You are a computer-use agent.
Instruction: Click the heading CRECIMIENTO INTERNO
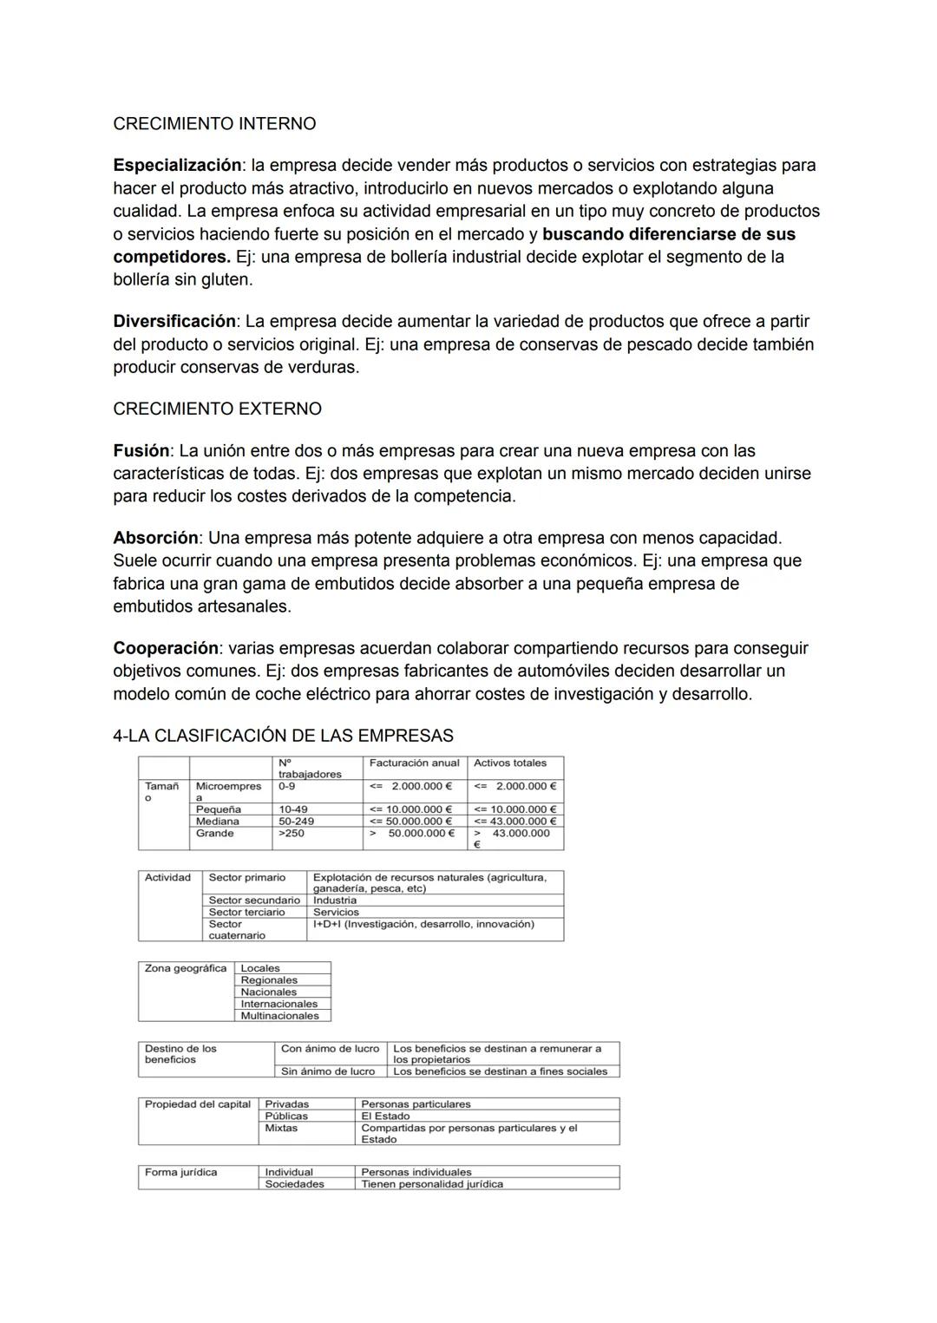pyautogui.click(x=214, y=124)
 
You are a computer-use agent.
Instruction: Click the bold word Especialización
pyautogui.click(x=177, y=165)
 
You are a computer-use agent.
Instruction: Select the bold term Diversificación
pyautogui.click(x=174, y=321)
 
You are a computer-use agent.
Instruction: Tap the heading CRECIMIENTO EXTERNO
pyautogui.click(x=217, y=409)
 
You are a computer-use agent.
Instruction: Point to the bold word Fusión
pyautogui.click(x=141, y=451)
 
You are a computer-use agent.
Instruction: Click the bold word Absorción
pyautogui.click(x=155, y=538)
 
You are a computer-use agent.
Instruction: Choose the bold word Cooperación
pyautogui.click(x=166, y=648)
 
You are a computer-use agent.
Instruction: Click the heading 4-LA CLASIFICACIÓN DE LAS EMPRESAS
pyautogui.click(x=283, y=736)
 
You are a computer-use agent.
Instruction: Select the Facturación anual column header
pyautogui.click(x=414, y=763)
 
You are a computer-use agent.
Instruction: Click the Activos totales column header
pyautogui.click(x=510, y=763)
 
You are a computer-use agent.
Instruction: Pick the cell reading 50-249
pyautogui.click(x=296, y=821)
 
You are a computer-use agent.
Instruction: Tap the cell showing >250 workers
pyautogui.click(x=291, y=833)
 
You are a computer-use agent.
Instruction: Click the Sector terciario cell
pyautogui.click(x=246, y=912)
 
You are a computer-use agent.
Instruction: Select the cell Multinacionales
pyautogui.click(x=279, y=1016)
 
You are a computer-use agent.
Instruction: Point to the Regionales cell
pyautogui.click(x=269, y=980)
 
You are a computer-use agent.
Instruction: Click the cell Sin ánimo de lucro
pyautogui.click(x=328, y=1071)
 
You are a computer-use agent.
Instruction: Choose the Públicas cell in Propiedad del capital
pyautogui.click(x=286, y=1117)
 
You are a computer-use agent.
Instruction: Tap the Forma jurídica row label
pyautogui.click(x=180, y=1173)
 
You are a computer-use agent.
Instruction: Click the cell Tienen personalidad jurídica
pyautogui.click(x=432, y=1184)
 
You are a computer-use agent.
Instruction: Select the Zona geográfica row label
pyautogui.click(x=186, y=969)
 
